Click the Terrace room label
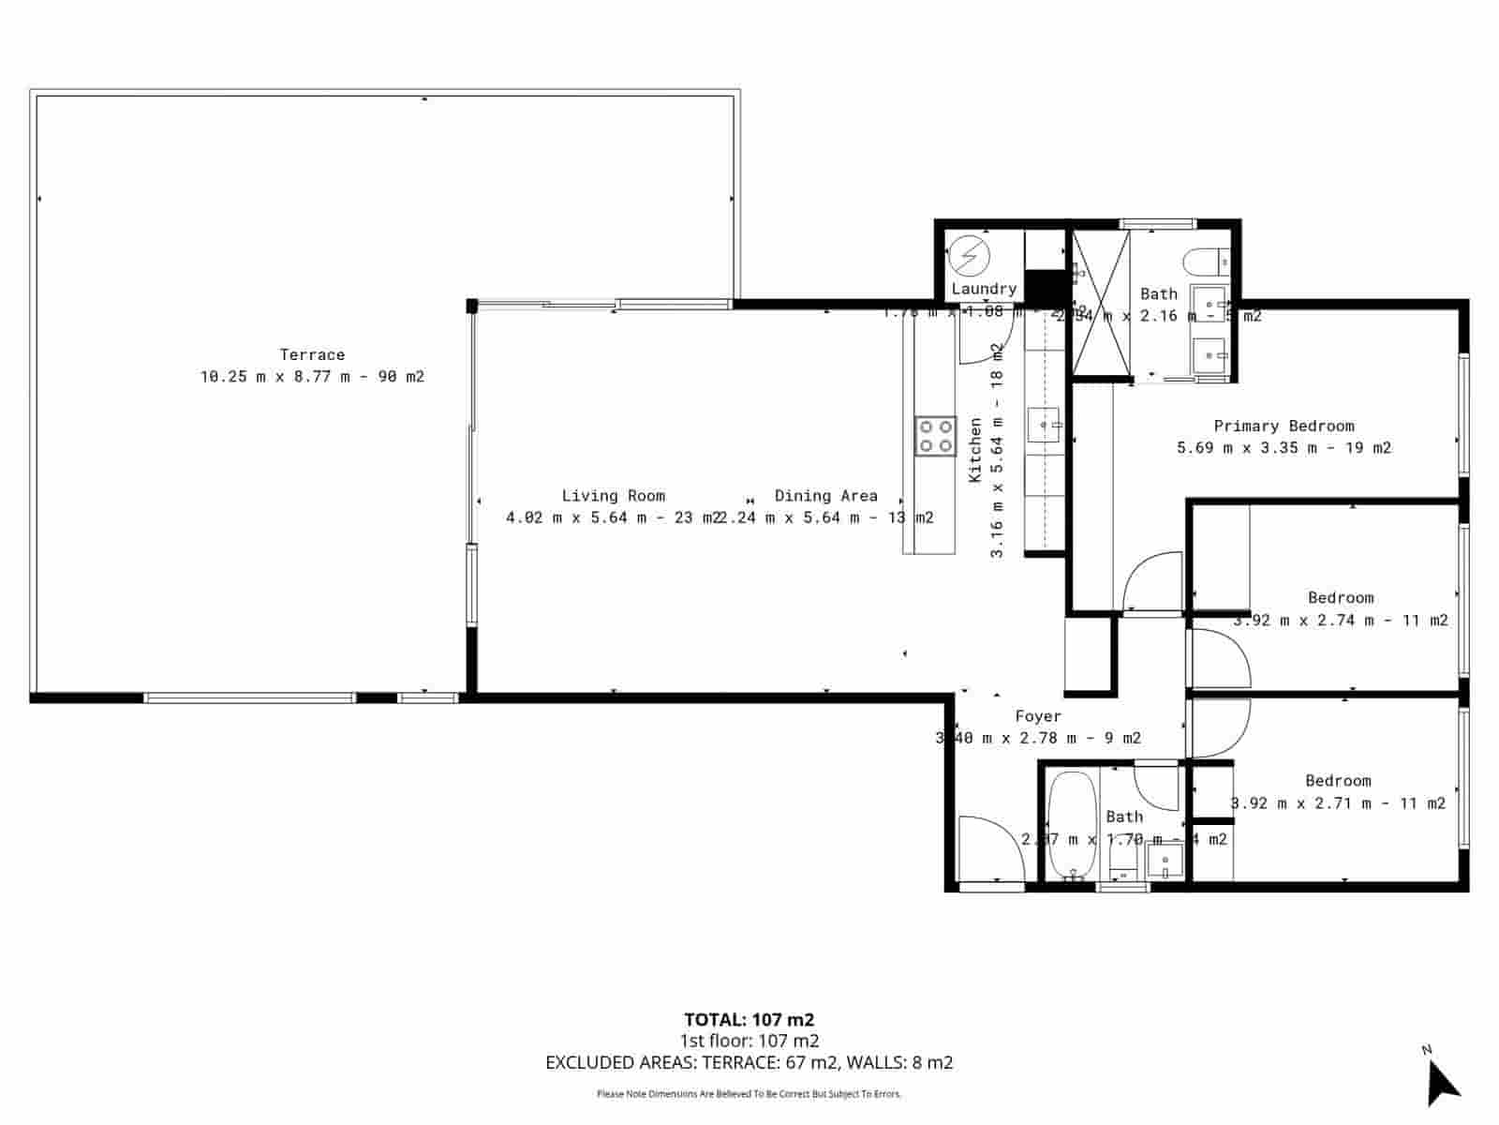click(312, 354)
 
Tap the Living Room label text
click(613, 496)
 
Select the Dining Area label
click(825, 496)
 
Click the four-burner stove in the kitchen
click(935, 436)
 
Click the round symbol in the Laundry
click(968, 255)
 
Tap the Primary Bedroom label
click(1284, 426)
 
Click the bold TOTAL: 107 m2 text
click(749, 1020)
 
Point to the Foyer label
click(1038, 716)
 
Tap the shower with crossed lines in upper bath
click(1101, 302)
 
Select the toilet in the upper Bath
click(1201, 258)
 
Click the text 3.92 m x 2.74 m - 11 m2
click(1341, 620)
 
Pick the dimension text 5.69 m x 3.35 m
click(1284, 448)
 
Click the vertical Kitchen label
click(975, 451)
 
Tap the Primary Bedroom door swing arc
click(1150, 581)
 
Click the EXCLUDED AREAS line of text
click(749, 1062)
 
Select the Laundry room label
click(984, 289)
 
